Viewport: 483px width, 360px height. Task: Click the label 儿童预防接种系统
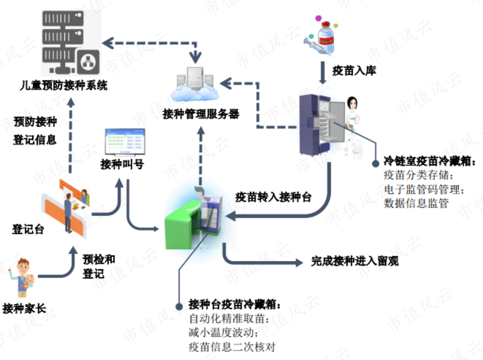[x=64, y=85]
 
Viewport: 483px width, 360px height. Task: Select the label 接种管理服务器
[x=201, y=114]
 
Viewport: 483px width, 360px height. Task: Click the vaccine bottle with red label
[x=326, y=36]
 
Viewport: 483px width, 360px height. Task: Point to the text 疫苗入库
[x=354, y=71]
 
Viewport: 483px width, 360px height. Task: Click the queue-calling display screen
[x=125, y=142]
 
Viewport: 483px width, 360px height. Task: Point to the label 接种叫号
[x=122, y=164]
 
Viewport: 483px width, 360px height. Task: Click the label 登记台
[x=28, y=229]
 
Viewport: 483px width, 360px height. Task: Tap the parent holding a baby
[x=22, y=277]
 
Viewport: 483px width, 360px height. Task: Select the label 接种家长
[x=24, y=308]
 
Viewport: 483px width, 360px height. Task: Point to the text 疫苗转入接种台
[x=274, y=197]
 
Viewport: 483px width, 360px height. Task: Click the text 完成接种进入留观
[x=355, y=261]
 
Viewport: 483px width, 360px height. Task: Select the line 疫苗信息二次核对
[x=232, y=347]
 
